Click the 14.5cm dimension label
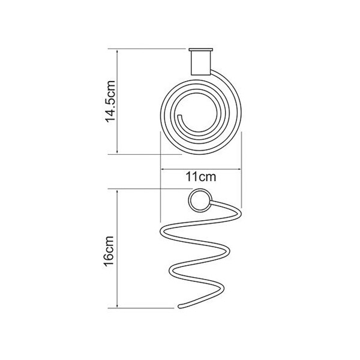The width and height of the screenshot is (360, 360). tap(110, 101)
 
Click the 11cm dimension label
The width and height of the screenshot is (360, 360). tap(201, 177)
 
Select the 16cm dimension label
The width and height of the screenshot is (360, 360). tap(109, 251)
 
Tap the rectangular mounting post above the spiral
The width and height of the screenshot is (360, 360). tap(200, 63)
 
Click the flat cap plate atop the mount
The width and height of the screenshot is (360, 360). tap(200, 49)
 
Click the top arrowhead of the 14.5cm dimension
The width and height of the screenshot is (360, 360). tap(118, 51)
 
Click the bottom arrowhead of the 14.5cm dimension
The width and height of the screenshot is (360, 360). tap(118, 152)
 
